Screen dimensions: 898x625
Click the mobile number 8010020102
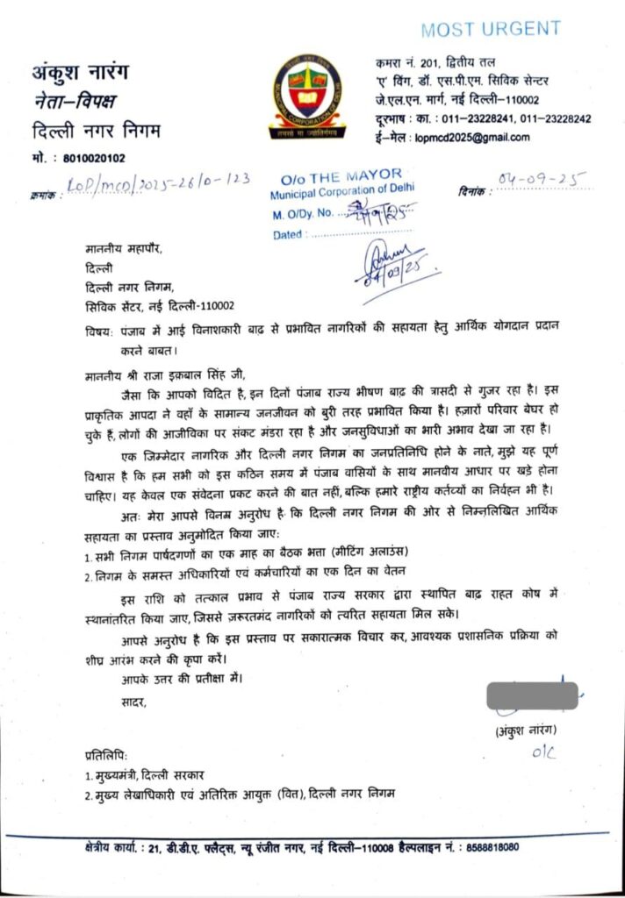pos(95,159)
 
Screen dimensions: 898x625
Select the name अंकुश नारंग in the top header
pos(84,70)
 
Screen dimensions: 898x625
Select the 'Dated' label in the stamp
pos(285,235)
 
